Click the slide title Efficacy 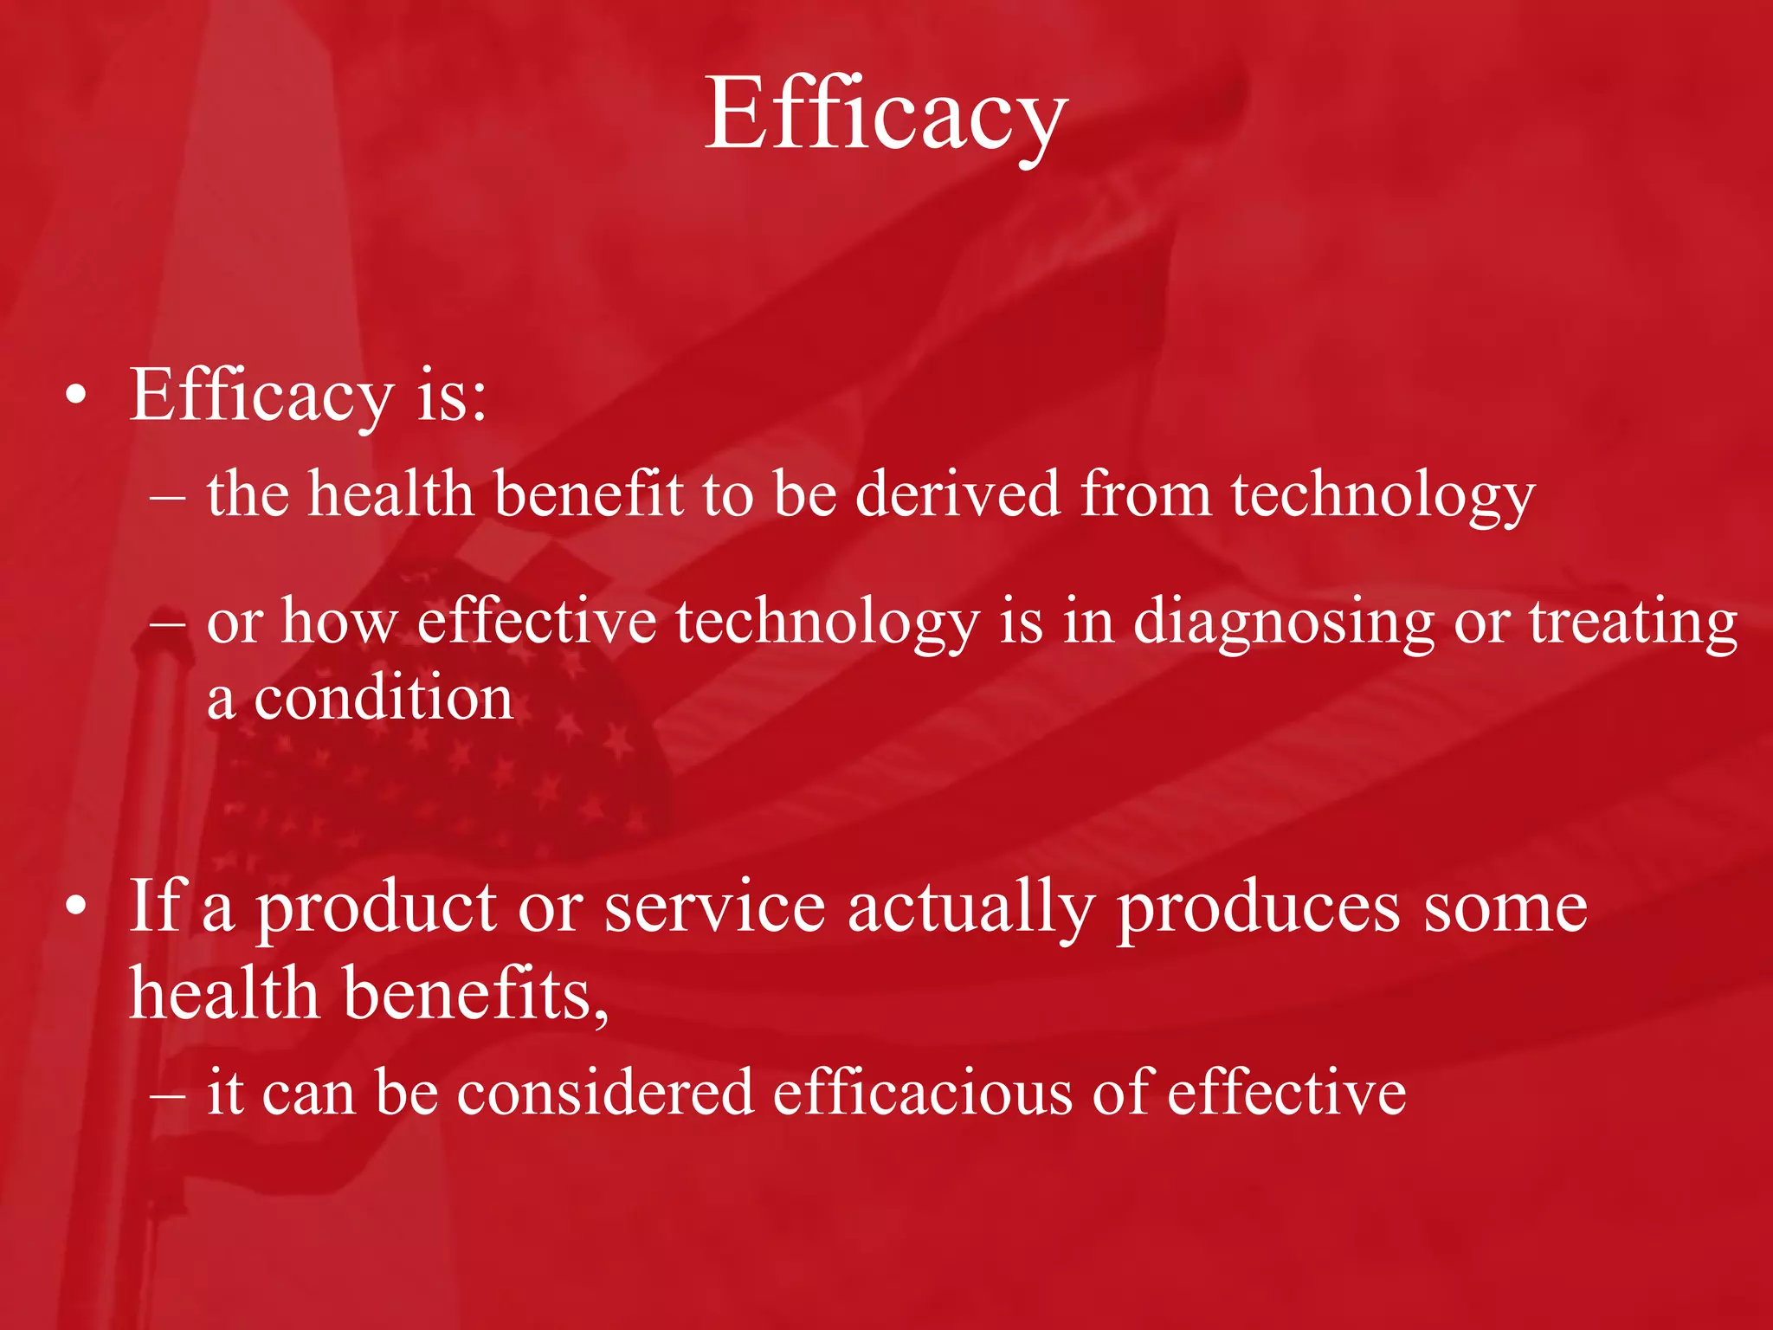pyautogui.click(x=886, y=114)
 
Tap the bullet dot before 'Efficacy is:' pyautogui.click(x=76, y=397)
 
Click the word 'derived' pyautogui.click(x=957, y=494)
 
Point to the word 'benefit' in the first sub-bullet pyautogui.click(x=589, y=494)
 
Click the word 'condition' pyautogui.click(x=384, y=698)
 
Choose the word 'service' pyautogui.click(x=714, y=907)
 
